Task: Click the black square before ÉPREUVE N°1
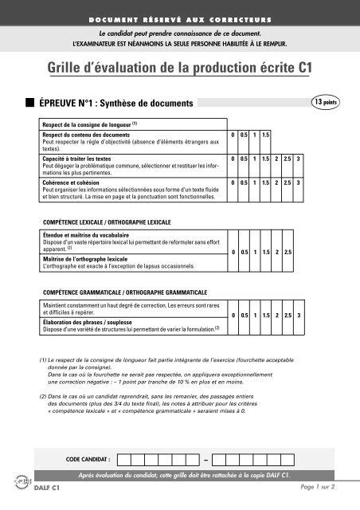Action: coord(29,104)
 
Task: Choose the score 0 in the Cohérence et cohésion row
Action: coord(234,182)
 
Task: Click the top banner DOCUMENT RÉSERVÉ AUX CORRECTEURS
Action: coord(179,18)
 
